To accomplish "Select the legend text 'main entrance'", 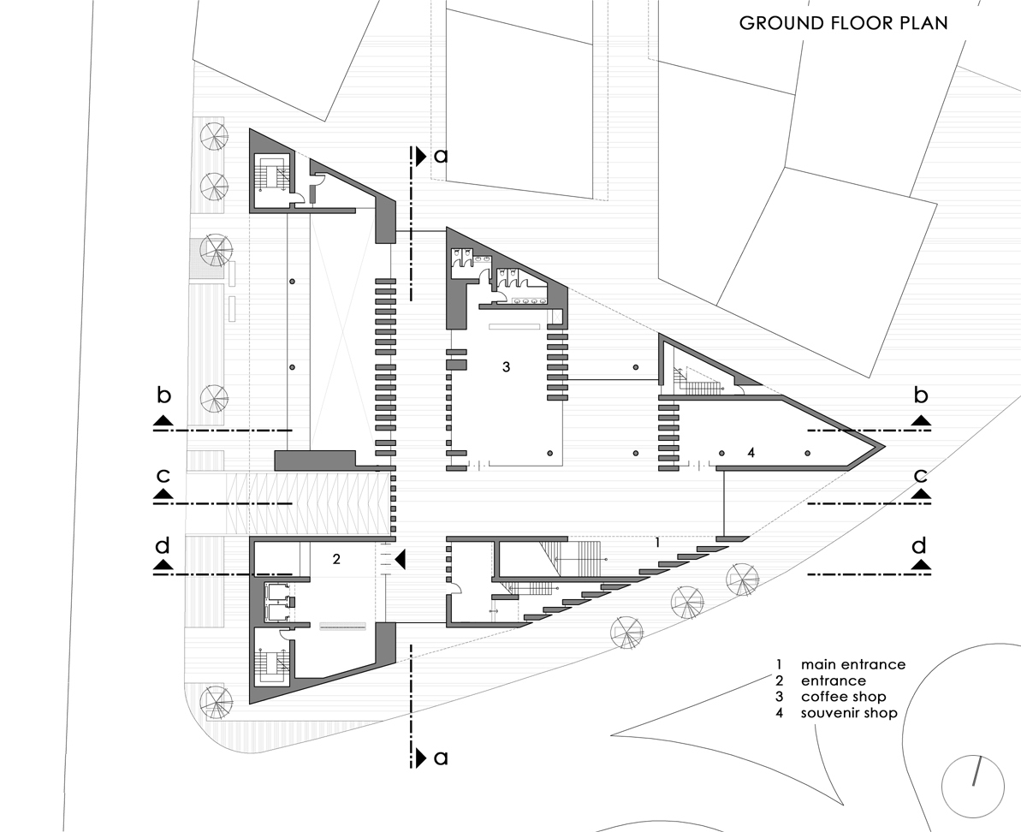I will (x=852, y=664).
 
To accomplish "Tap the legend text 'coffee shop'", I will (x=843, y=697).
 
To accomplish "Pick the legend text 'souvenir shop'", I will (x=849, y=713).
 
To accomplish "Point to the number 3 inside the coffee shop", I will (x=506, y=366).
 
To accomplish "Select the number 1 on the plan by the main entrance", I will (x=657, y=542).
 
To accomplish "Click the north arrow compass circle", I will (x=972, y=783).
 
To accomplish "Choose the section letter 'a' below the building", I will (x=441, y=758).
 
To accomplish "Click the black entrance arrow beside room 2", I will (x=400, y=559).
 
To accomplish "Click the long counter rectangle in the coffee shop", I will (x=512, y=327).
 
